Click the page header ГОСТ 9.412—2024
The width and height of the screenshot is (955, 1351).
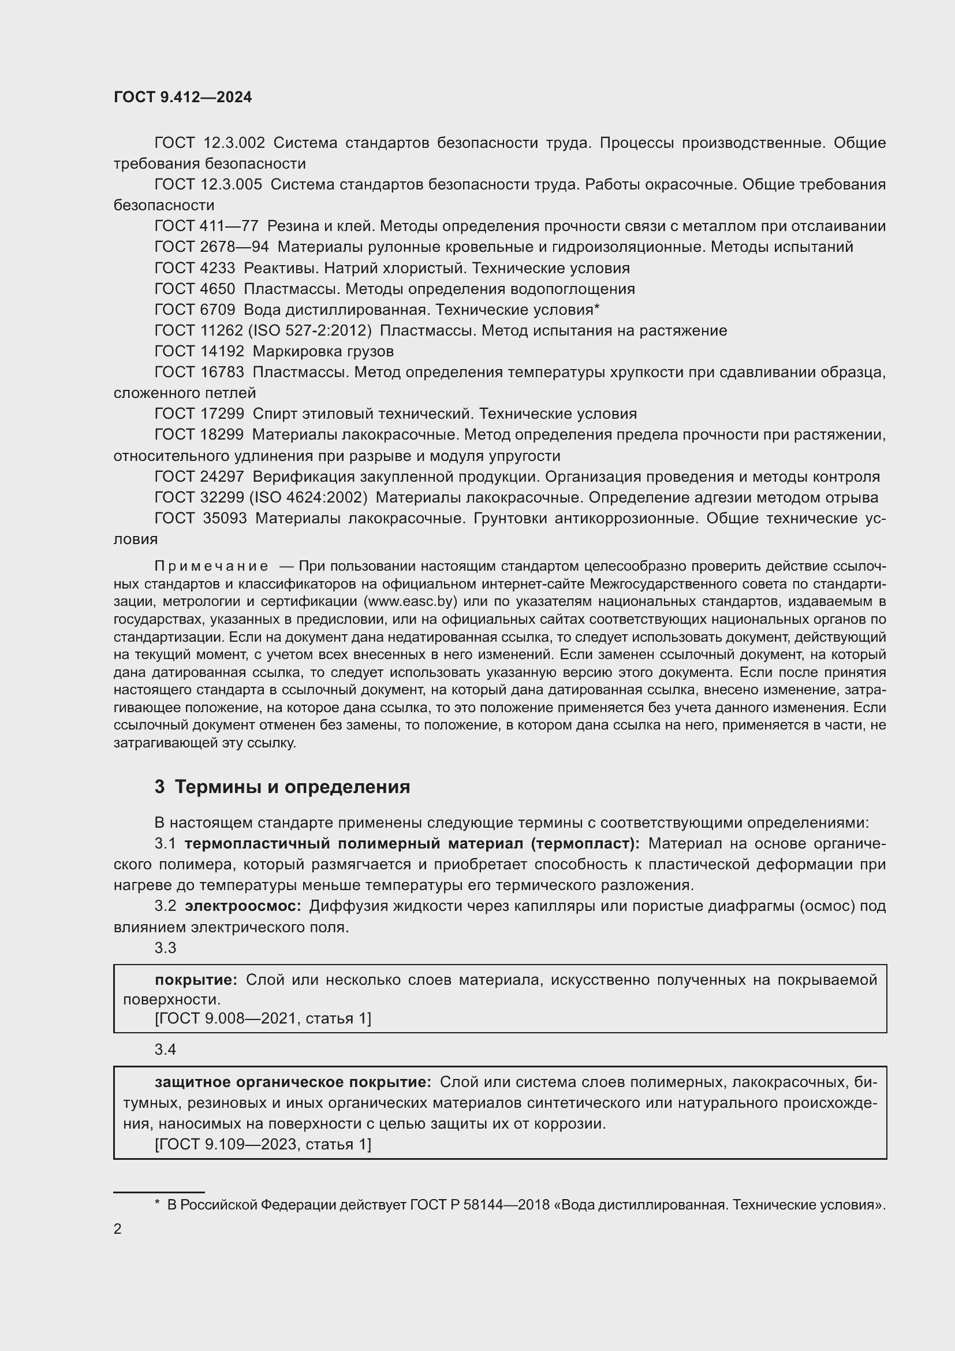click(x=182, y=97)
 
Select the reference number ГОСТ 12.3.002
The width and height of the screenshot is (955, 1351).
click(x=210, y=143)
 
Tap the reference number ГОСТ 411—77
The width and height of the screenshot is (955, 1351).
click(x=206, y=226)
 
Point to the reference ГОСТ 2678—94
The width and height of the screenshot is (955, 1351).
click(x=211, y=247)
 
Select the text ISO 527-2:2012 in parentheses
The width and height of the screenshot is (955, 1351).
click(x=310, y=331)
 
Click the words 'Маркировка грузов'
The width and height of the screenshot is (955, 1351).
click(x=323, y=351)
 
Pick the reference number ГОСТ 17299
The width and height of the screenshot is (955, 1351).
click(x=199, y=414)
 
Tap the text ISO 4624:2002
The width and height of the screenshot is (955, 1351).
click(x=308, y=497)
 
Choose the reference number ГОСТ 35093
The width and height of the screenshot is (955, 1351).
click(x=200, y=518)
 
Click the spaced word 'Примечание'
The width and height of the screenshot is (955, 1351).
click(x=211, y=566)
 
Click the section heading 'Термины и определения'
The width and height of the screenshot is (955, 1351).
click(x=292, y=787)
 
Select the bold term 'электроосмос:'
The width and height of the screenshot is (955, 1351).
click(x=243, y=906)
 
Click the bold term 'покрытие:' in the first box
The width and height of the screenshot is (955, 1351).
click(x=196, y=980)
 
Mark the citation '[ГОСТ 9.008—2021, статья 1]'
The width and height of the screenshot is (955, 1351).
click(x=263, y=1018)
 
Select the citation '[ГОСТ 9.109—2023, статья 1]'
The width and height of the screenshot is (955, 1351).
click(x=263, y=1144)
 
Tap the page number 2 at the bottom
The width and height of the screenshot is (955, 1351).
click(x=118, y=1229)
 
